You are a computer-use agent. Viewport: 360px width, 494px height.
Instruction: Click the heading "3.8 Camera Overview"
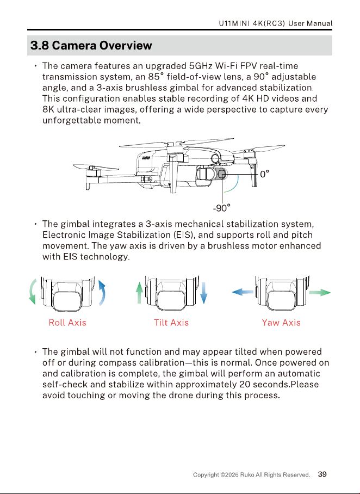pos(91,45)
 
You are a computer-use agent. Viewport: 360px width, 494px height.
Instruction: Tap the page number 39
pos(322,474)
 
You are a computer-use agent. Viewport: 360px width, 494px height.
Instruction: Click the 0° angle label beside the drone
pos(265,174)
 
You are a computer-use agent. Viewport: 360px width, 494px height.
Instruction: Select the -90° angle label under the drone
pos(222,208)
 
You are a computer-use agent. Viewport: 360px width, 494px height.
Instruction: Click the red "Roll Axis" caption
pos(67,323)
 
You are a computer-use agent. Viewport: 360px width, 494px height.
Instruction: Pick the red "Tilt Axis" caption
pos(171,323)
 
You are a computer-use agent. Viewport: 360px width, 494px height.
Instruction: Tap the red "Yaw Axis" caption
pos(281,323)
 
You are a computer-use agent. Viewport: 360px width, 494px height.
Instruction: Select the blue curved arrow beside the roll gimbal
pos(102,293)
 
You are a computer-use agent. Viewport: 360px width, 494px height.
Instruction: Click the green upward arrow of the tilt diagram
pos(139,293)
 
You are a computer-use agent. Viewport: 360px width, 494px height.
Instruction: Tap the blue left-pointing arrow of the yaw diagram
pos(243,292)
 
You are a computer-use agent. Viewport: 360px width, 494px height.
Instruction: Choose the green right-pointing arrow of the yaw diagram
pos(320,292)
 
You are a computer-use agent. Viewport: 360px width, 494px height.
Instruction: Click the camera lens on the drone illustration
pos(222,174)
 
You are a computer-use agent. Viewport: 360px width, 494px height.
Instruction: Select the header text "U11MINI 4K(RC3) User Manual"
pos(276,23)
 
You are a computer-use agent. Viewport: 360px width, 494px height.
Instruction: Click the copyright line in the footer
pos(252,475)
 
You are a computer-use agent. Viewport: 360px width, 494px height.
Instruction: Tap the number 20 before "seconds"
pos(244,384)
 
